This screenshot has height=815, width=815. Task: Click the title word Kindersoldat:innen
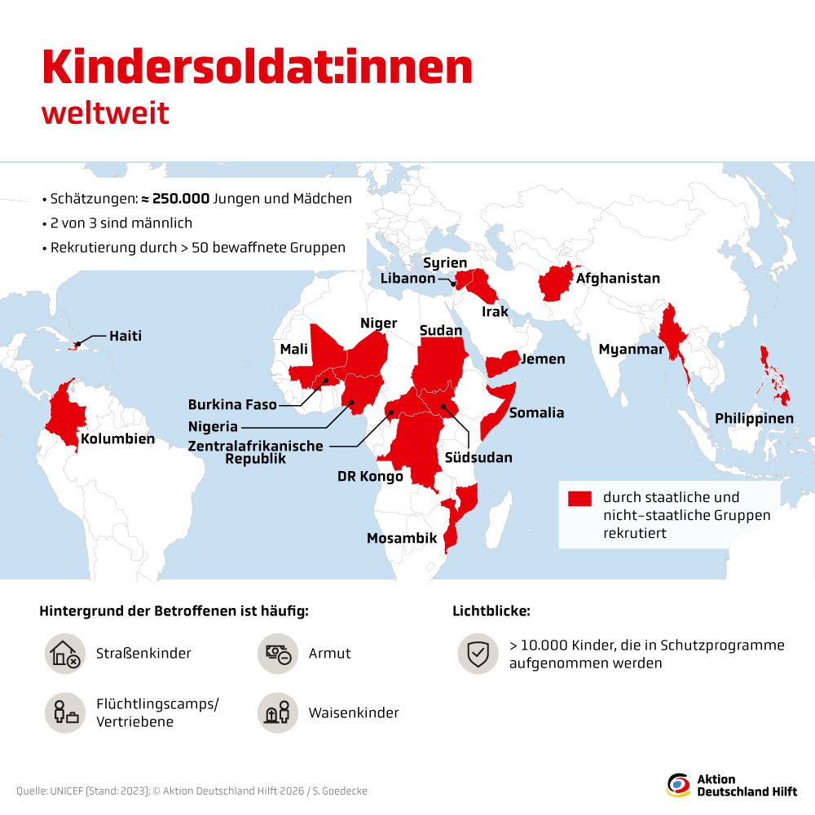(x=257, y=68)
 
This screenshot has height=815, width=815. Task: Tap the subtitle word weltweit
(x=105, y=113)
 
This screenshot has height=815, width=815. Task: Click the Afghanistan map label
(x=618, y=279)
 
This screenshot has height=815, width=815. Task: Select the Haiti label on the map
(x=126, y=336)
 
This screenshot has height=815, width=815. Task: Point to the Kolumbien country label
(x=117, y=439)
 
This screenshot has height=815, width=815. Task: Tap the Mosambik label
(x=402, y=539)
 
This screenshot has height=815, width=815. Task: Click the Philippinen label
(x=754, y=418)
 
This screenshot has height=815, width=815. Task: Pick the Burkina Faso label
(x=232, y=404)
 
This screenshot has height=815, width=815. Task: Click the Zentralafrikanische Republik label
(x=255, y=452)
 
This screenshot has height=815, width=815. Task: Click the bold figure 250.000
(x=181, y=198)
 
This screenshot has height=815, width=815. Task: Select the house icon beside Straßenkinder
(x=64, y=654)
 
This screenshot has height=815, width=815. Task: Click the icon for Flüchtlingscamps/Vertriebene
(x=64, y=713)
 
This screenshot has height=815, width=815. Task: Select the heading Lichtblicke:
(x=491, y=610)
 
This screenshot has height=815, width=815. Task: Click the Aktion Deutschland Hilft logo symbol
(x=678, y=785)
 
